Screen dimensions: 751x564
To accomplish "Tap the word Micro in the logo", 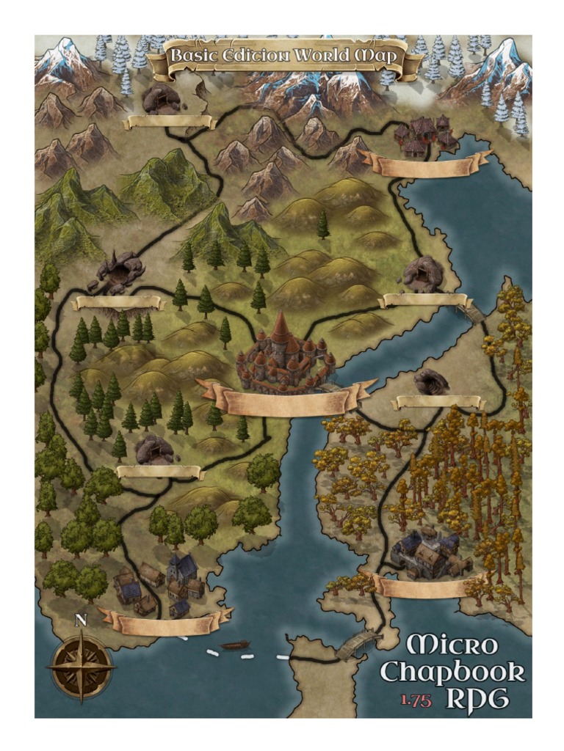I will tap(452, 646).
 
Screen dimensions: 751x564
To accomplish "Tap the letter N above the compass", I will tap(81, 620).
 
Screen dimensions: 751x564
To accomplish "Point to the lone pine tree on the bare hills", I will tap(323, 225).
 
